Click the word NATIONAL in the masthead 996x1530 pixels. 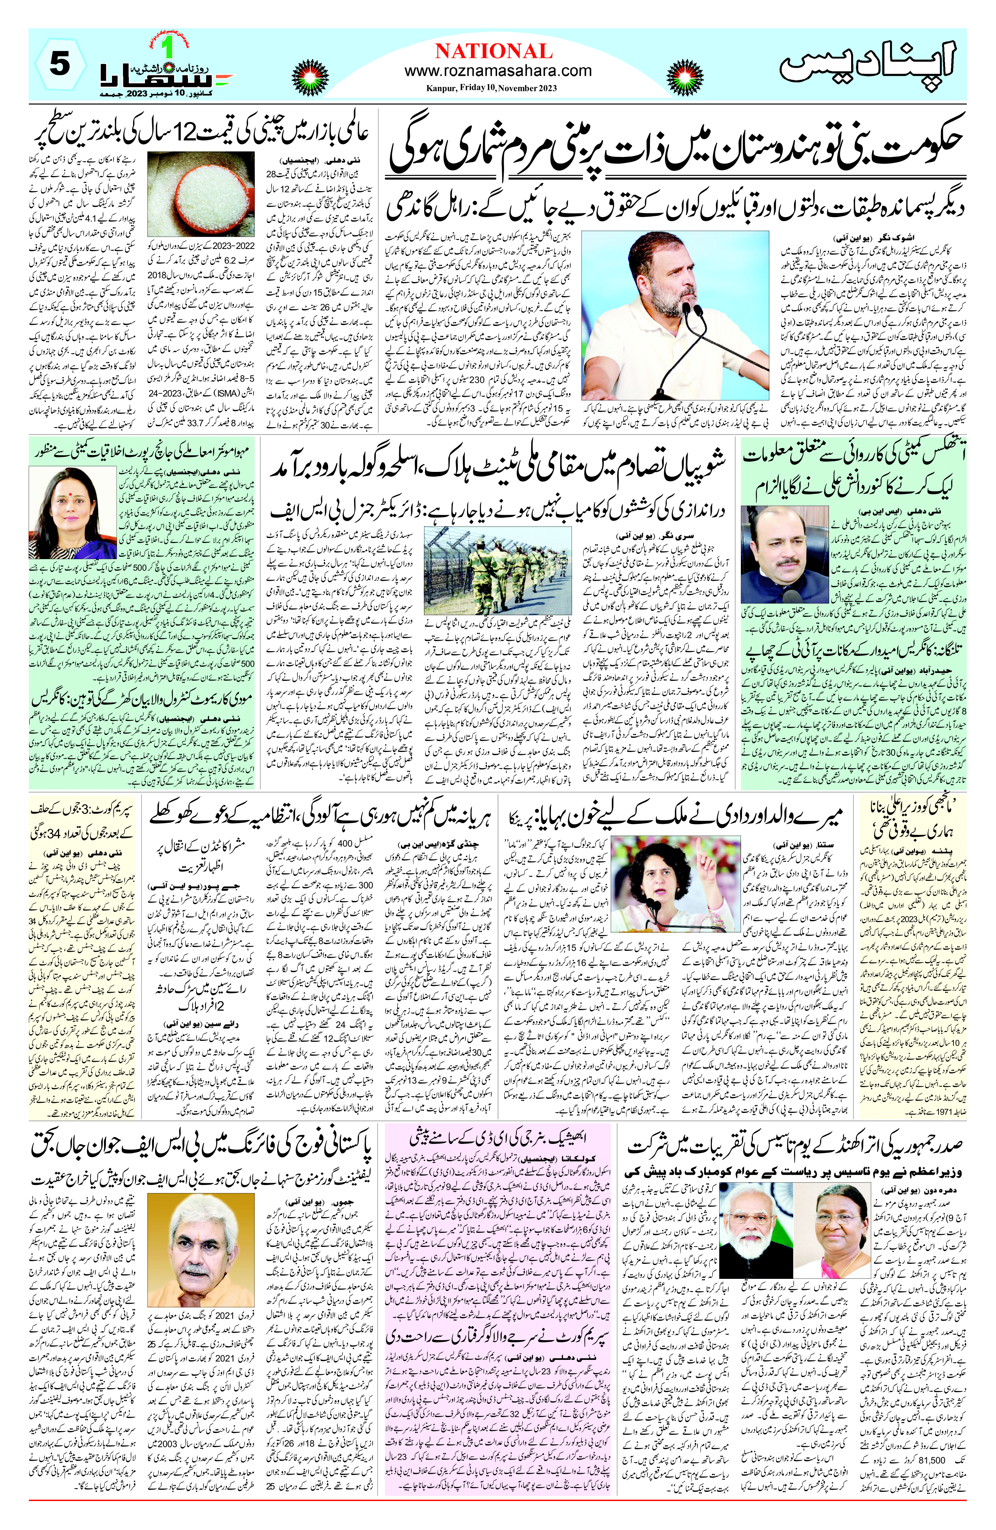[493, 51]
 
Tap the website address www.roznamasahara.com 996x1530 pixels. [498, 71]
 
